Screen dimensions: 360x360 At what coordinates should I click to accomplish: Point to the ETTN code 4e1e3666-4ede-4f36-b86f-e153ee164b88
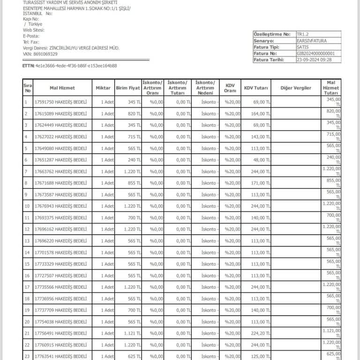76,66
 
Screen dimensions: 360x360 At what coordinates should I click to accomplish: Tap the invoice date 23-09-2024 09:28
315,60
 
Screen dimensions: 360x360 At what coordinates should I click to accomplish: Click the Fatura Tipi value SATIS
304,47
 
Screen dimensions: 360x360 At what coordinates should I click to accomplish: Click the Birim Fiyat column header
128,88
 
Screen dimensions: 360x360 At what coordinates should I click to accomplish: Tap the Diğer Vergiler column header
295,88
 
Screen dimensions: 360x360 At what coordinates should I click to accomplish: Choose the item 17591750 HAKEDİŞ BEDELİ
60,102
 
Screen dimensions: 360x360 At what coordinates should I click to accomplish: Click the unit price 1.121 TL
132,333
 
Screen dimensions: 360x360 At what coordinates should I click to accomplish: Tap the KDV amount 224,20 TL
260,333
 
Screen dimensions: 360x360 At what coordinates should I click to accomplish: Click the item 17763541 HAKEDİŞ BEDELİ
60,356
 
